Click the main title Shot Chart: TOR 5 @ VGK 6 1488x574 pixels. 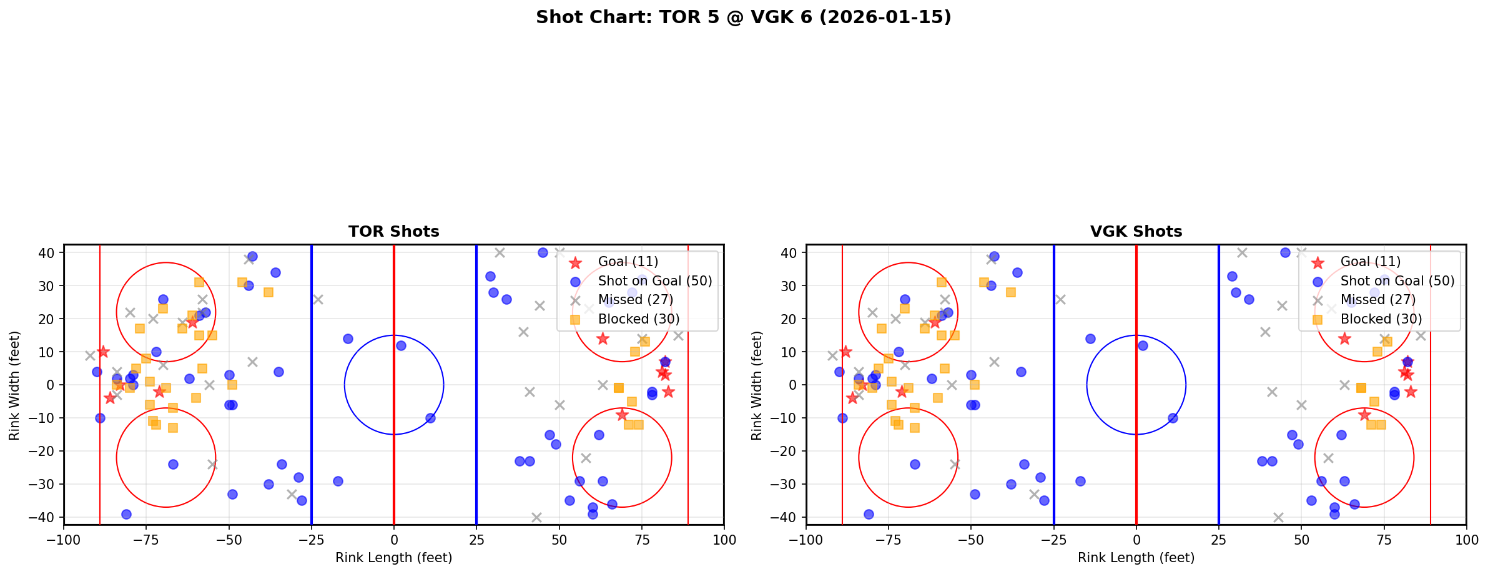tap(743, 17)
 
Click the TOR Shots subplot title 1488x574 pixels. tap(393, 232)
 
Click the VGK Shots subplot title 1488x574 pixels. tap(1136, 232)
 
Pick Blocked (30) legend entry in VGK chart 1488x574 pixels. tap(1381, 319)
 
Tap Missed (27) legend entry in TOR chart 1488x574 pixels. tap(635, 300)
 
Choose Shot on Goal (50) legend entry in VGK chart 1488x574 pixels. tap(1397, 281)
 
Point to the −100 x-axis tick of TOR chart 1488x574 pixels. tap(64, 539)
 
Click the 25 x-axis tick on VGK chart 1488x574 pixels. tap(1218, 539)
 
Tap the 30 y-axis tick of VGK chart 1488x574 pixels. tap(791, 286)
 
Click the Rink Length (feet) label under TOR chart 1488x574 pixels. tap(393, 558)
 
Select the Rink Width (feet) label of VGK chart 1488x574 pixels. tap(757, 385)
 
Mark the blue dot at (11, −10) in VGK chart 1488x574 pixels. tap(1172, 418)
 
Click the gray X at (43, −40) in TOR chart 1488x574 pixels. tap(536, 517)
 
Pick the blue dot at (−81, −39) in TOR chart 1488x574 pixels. tap(126, 514)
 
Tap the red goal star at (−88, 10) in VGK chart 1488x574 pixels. tap(845, 352)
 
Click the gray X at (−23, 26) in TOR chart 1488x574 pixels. tap(318, 299)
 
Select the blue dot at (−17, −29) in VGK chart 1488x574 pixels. tap(1080, 481)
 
